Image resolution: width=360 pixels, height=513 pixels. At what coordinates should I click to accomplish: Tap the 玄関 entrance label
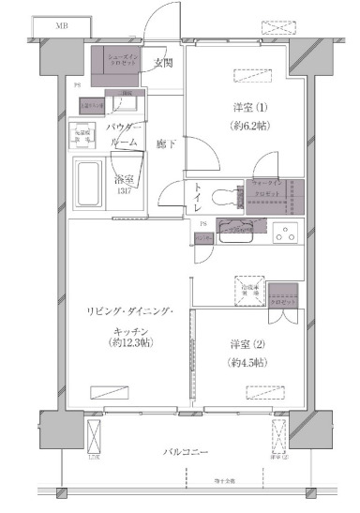coord(163,63)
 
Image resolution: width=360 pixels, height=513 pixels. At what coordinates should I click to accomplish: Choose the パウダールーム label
coord(126,132)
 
